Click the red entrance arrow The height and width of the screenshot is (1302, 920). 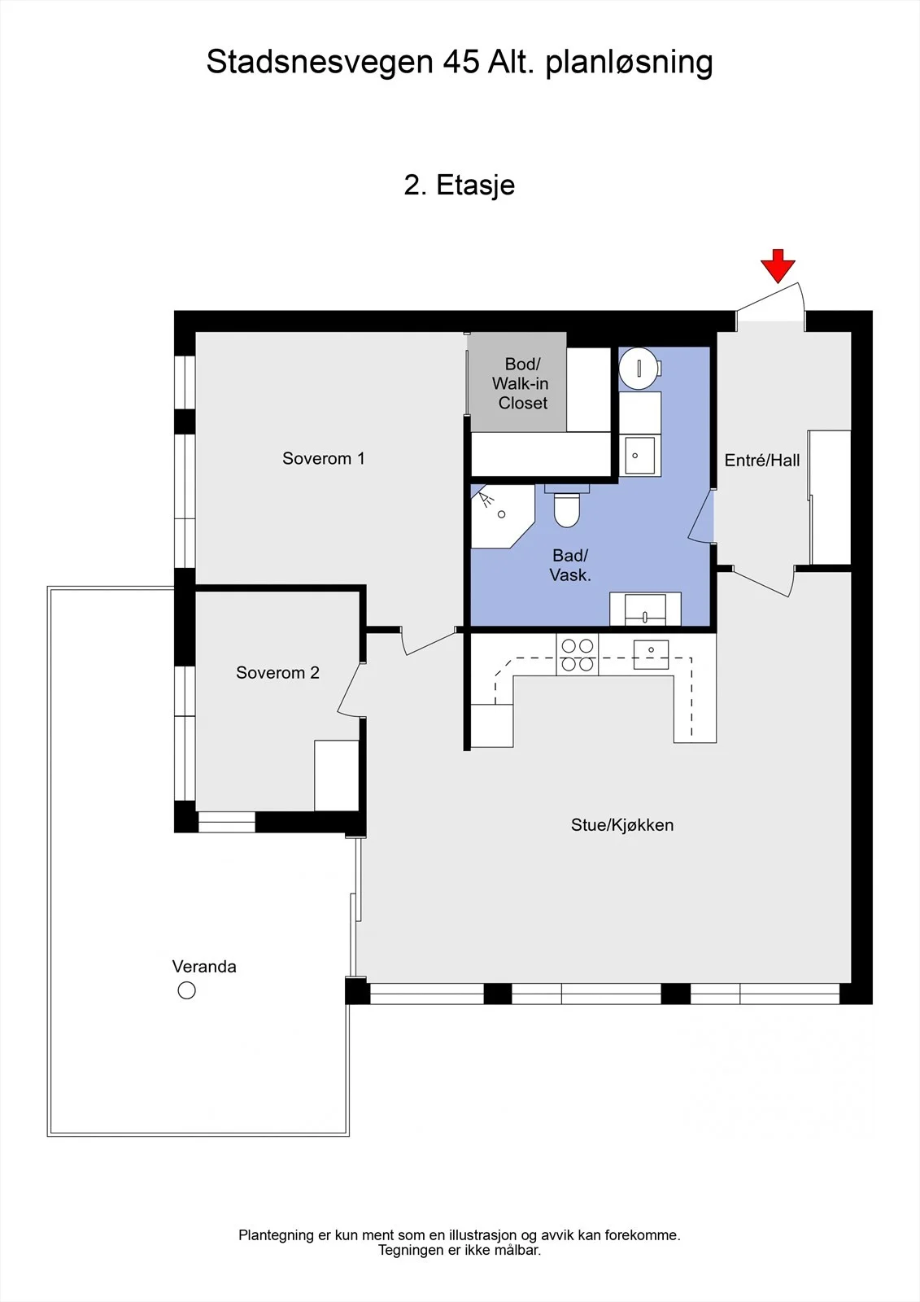coord(778,265)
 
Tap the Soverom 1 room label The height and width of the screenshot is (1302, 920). coord(324,459)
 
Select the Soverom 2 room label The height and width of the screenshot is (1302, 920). coord(278,672)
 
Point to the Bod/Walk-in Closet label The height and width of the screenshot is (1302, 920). coord(521,383)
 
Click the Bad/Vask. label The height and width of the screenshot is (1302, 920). coord(570,566)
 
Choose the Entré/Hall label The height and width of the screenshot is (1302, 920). coord(762,461)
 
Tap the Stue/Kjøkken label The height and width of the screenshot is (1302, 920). coord(622,825)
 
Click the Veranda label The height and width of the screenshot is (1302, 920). coord(204,967)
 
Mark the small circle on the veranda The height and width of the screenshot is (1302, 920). coord(186,990)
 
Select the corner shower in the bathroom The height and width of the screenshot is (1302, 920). coord(502,516)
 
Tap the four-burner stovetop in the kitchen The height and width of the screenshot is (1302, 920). coord(577,654)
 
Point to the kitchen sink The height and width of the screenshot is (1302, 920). coord(651,654)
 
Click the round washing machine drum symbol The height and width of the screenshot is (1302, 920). coord(638,368)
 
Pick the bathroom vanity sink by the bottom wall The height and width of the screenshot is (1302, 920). coord(645,609)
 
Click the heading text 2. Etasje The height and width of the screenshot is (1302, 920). coord(460,185)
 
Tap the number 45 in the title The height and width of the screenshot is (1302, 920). coord(461,62)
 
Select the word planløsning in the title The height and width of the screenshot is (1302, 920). coord(629,63)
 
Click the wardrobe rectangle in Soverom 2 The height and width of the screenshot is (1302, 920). coord(337,776)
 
